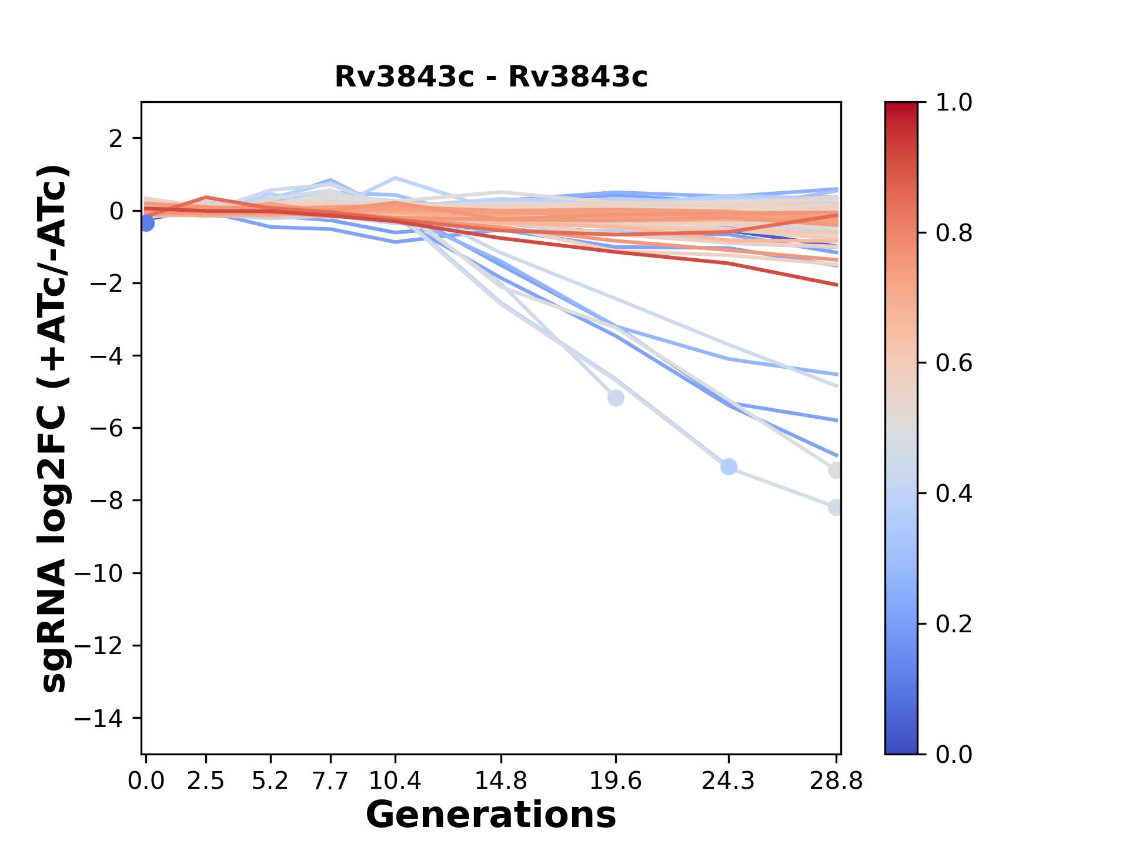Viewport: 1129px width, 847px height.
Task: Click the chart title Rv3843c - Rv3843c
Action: [x=491, y=77]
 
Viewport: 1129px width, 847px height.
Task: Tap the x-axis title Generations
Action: [x=491, y=815]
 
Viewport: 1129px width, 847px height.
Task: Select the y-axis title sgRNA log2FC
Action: [x=54, y=428]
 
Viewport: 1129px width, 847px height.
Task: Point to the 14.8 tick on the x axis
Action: [x=500, y=781]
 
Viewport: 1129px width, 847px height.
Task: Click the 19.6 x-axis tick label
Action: [x=615, y=781]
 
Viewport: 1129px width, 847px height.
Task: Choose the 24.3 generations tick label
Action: [x=728, y=781]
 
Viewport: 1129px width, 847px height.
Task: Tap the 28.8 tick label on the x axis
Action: [x=836, y=781]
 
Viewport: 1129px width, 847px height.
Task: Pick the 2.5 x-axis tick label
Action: [x=206, y=781]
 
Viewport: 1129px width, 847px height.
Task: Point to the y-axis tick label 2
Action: [x=116, y=138]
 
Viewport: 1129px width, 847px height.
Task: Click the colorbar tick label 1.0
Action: [x=954, y=103]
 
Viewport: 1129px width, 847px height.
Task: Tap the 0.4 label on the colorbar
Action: [x=954, y=493]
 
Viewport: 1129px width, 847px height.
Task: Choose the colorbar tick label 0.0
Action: [x=954, y=754]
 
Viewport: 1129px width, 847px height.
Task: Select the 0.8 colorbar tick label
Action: [x=954, y=234]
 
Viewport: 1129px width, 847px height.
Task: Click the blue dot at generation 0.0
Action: [x=146, y=223]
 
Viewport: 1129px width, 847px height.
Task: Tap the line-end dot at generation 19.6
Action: [x=615, y=398]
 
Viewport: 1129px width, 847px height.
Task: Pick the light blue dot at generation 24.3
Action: [x=729, y=467]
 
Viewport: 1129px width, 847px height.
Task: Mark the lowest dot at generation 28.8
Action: [x=836, y=507]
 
